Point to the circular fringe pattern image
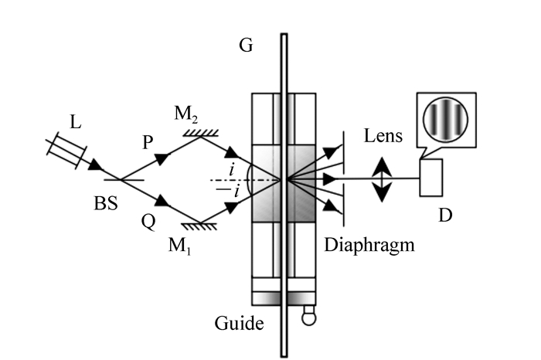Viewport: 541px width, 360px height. point(446,122)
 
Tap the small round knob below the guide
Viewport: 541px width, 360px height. point(309,314)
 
